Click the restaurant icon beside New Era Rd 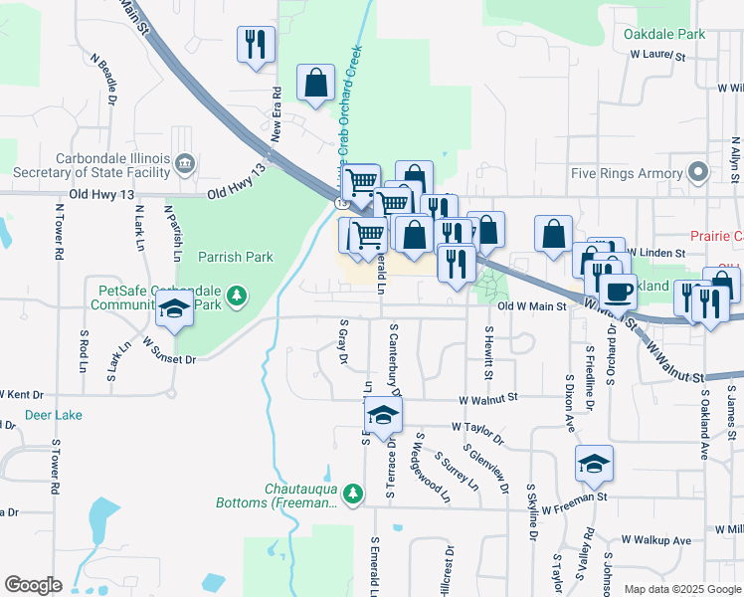tap(256, 45)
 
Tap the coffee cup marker tap(619, 291)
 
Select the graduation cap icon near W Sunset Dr tap(175, 308)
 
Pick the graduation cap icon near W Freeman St tap(594, 463)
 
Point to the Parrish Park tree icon tap(236, 296)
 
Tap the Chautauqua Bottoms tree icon tap(351, 493)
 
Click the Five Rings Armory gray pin tap(699, 173)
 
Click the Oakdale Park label tap(664, 34)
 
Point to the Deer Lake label tap(54, 415)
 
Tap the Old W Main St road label tap(531, 306)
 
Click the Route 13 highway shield tap(342, 202)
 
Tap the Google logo tap(34, 585)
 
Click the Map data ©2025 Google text tap(681, 589)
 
